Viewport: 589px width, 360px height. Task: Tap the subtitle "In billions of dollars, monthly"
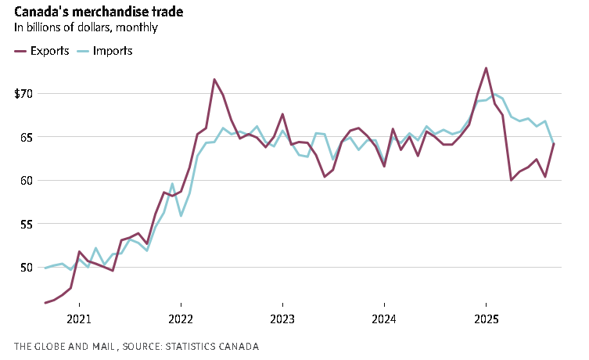tap(85, 27)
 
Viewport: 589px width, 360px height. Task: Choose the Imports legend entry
tap(104, 51)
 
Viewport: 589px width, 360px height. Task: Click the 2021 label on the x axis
tap(79, 319)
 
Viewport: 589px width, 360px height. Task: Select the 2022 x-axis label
tap(181, 319)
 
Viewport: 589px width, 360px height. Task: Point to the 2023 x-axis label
tap(282, 319)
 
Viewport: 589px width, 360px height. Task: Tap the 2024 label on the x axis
tap(384, 319)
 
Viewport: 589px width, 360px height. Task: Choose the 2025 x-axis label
tap(486, 319)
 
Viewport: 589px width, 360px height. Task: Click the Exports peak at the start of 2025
tap(487, 68)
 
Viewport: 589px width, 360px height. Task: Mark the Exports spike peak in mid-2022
tap(214, 80)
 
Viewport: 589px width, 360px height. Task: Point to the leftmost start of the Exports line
tap(45, 302)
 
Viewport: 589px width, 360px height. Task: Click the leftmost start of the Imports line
tap(45, 268)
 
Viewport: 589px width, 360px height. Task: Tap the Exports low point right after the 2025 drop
tap(512, 180)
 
